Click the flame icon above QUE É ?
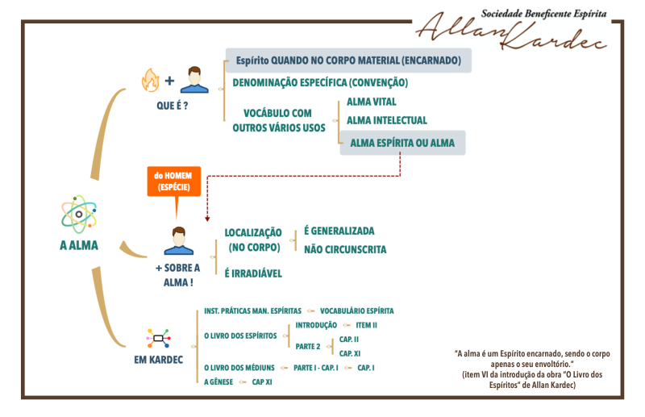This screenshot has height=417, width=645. tap(150, 80)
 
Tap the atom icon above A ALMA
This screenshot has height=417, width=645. tap(79, 215)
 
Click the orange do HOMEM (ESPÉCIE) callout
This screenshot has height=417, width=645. tap(174, 181)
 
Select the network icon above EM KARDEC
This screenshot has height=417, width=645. tap(158, 339)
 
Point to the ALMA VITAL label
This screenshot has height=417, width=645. tap(372, 102)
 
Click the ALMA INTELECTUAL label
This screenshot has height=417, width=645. tap(387, 120)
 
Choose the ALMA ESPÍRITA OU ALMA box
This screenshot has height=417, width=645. tap(402, 143)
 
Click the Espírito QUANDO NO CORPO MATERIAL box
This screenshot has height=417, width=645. tap(348, 60)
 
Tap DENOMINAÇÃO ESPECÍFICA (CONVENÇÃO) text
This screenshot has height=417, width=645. tap(320, 83)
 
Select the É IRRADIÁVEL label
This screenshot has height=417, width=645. tap(253, 273)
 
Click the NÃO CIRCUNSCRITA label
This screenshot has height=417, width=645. tap(345, 249)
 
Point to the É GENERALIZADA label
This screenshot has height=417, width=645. tap(339, 231)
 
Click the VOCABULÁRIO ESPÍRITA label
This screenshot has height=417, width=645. tap(356, 311)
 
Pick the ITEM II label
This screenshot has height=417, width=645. tap(366, 325)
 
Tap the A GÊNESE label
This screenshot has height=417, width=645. tap(218, 382)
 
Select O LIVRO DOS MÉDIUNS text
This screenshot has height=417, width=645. tap(239, 368)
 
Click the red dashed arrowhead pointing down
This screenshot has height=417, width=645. tap(207, 219)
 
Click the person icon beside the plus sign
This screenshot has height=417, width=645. tap(194, 80)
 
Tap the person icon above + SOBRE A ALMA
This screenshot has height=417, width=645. tap(178, 241)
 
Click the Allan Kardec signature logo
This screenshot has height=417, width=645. tap(512, 30)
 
